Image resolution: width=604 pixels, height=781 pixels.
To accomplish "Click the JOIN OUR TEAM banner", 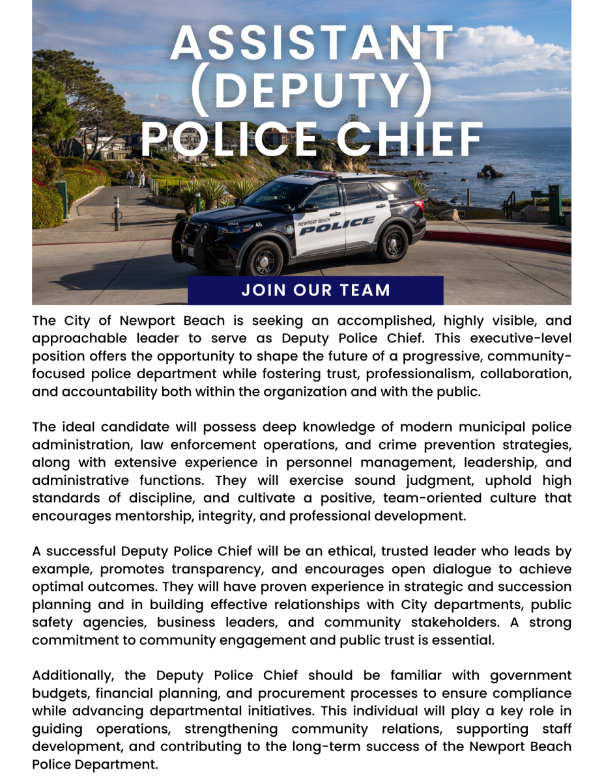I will (315, 290).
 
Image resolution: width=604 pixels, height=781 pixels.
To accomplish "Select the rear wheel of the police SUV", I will (394, 243).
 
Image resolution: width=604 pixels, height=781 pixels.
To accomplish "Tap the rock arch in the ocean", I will (489, 172).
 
